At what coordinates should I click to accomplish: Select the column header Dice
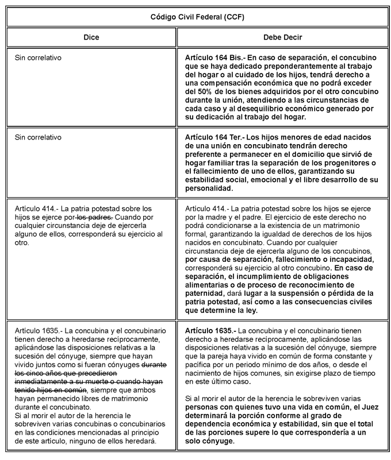click(91, 37)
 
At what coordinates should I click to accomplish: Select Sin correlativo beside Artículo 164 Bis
click(39, 59)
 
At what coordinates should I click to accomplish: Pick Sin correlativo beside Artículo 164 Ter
click(39, 138)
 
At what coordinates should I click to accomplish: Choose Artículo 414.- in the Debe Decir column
click(208, 208)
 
